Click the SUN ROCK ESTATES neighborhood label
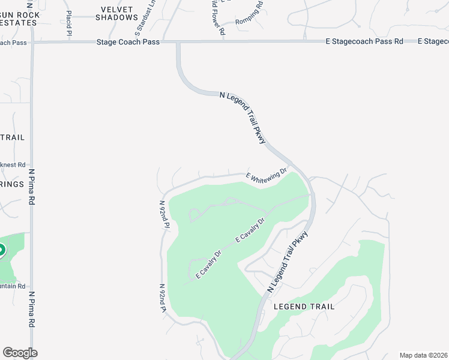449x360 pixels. [x=19, y=18]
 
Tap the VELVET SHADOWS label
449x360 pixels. [x=116, y=13]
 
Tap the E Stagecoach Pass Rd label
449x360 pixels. [x=364, y=41]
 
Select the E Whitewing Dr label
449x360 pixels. [x=267, y=175]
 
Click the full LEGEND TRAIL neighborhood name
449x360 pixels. [x=304, y=306]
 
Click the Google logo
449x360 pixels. [x=19, y=353]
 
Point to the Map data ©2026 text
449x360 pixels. [x=423, y=355]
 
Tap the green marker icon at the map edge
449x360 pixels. [x=2, y=250]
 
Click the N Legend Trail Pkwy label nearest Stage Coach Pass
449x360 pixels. [x=243, y=117]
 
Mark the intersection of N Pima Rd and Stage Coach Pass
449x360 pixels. [x=32, y=42]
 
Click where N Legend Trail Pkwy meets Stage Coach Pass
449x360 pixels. [x=178, y=42]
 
